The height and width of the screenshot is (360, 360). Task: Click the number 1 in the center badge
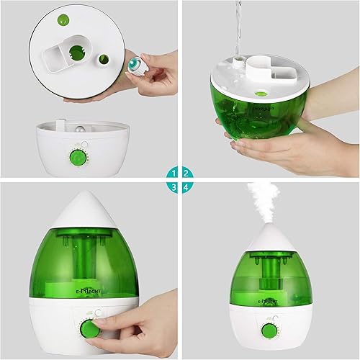(x=173, y=174)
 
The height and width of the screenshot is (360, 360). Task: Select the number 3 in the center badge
(x=173, y=186)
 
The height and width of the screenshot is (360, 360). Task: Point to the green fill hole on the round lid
(x=76, y=51)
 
